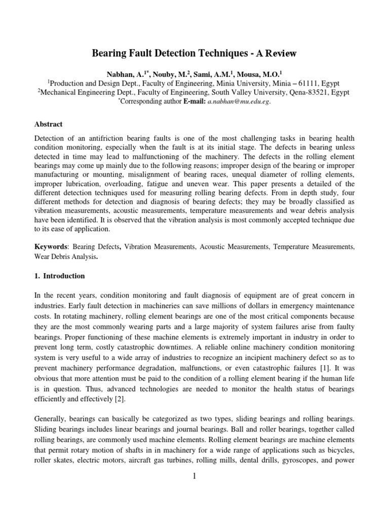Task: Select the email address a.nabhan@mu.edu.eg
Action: tap(236, 101)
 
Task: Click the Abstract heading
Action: tap(48, 123)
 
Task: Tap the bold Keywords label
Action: tap(50, 246)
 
